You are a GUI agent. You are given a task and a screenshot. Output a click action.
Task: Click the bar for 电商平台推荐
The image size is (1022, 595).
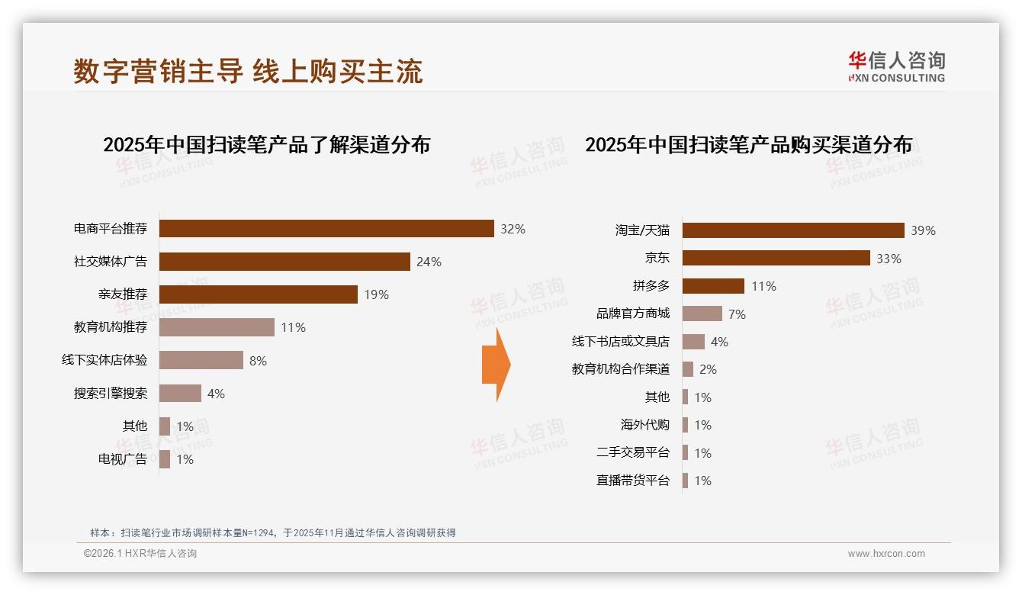pyautogui.click(x=326, y=229)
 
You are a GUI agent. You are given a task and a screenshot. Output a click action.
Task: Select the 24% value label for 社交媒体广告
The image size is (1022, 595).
pyautogui.click(x=429, y=262)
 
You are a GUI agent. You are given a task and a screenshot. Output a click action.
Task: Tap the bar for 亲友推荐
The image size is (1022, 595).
pyautogui.click(x=259, y=294)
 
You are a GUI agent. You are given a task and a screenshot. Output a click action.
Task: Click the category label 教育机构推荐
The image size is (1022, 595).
pyautogui.click(x=111, y=327)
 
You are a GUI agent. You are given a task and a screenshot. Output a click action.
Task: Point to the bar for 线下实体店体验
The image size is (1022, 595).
pyautogui.click(x=201, y=360)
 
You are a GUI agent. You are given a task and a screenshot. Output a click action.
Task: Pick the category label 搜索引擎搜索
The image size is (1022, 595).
pyautogui.click(x=111, y=394)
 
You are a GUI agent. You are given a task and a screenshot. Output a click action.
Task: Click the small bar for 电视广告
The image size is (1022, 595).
pyautogui.click(x=165, y=459)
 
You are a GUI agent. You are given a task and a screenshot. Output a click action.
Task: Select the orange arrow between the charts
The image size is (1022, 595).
pyautogui.click(x=496, y=365)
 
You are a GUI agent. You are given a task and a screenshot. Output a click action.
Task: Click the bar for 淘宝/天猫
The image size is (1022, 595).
pyautogui.click(x=793, y=230)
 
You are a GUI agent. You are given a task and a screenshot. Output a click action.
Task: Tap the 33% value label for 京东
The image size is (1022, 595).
pyautogui.click(x=889, y=259)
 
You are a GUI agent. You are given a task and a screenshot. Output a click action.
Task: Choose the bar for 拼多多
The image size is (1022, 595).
pyautogui.click(x=713, y=286)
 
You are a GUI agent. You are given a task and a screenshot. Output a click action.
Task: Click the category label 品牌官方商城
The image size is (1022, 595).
pyautogui.click(x=633, y=314)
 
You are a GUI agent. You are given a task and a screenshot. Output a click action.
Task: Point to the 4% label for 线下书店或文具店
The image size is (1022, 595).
pyautogui.click(x=719, y=342)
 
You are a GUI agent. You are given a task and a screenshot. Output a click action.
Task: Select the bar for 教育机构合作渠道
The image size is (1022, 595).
pyautogui.click(x=688, y=369)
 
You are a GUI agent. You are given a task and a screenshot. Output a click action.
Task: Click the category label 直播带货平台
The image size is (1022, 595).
pyautogui.click(x=633, y=481)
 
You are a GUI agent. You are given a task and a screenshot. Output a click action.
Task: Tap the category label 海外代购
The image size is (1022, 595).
pyautogui.click(x=645, y=425)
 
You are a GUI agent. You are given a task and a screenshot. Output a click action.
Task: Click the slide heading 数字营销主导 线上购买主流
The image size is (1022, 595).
pyautogui.click(x=248, y=72)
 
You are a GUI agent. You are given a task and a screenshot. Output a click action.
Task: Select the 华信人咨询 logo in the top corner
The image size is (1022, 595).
pyautogui.click(x=896, y=66)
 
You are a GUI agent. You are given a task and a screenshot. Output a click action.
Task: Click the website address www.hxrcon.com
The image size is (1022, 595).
pyautogui.click(x=886, y=554)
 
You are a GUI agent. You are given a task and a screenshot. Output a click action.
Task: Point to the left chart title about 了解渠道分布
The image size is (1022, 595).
pyautogui.click(x=266, y=144)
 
